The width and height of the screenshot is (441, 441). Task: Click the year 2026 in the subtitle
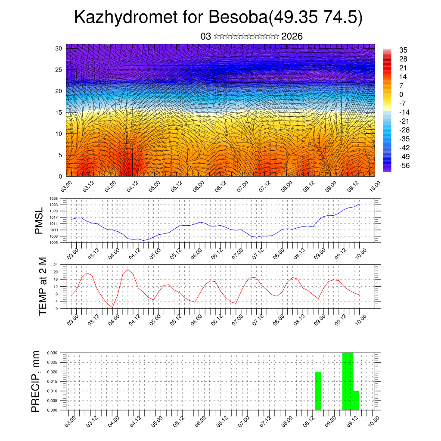coord(292,37)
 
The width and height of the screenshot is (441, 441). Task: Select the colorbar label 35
coord(404,50)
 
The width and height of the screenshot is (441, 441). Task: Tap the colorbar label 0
coord(401,94)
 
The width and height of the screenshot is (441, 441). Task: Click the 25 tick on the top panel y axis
coord(59,70)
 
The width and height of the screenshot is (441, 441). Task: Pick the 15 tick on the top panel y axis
coord(59,112)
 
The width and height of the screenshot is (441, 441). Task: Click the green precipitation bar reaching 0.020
coord(318,391)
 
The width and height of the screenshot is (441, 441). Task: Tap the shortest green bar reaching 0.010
coord(356,401)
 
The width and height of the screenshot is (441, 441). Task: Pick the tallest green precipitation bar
coord(348,381)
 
